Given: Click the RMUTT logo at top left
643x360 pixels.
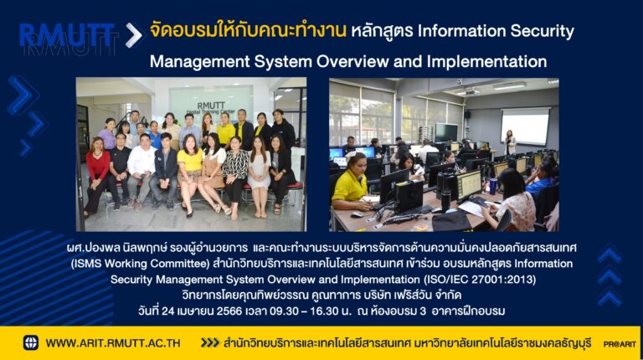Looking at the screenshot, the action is pyautogui.click(x=67, y=35).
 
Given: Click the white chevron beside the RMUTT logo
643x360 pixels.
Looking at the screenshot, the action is pyautogui.click(x=134, y=35).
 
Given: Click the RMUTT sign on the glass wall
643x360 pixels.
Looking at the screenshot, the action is pyautogui.click(x=211, y=105).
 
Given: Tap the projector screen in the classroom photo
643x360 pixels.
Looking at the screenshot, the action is pyautogui.click(x=525, y=127).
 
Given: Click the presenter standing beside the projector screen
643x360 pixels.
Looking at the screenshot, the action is pyautogui.click(x=510, y=142).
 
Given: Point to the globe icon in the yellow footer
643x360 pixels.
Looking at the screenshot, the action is pyautogui.click(x=31, y=342).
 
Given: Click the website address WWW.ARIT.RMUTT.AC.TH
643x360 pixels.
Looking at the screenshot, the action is pyautogui.click(x=113, y=343).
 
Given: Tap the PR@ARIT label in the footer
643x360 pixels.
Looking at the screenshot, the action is pyautogui.click(x=620, y=344).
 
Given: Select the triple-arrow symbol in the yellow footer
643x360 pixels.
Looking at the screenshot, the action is pyautogui.click(x=210, y=342).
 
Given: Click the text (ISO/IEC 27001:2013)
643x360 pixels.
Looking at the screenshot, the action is pyautogui.click(x=478, y=280).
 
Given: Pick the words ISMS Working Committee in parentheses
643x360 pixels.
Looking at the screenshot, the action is pyautogui.click(x=141, y=263).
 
